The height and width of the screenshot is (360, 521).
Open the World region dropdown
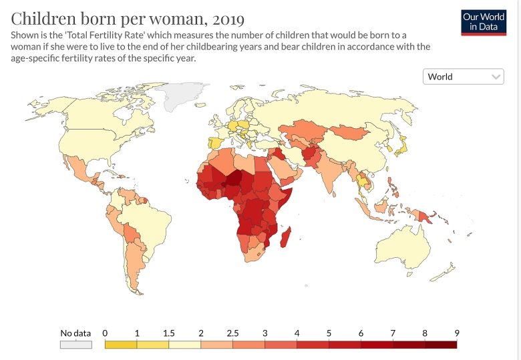coord(464,77)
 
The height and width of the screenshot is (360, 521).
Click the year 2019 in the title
coord(224,17)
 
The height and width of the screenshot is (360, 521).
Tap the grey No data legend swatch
coord(75,345)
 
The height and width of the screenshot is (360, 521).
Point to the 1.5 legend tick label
coord(168,333)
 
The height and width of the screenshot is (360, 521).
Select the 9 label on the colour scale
coord(457,333)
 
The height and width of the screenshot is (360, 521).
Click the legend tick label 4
coord(297,333)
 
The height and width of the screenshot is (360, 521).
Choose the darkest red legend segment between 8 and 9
coord(441,345)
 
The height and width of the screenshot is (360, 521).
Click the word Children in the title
coord(41,17)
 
